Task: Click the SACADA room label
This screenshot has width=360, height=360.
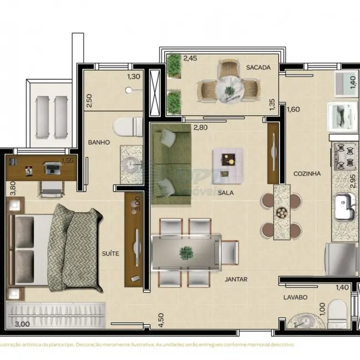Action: (258, 68)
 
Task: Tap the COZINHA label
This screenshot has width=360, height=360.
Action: (307, 173)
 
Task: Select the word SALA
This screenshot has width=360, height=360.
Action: (225, 193)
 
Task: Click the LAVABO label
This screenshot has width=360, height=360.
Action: (295, 297)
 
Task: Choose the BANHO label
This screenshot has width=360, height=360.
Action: (99, 142)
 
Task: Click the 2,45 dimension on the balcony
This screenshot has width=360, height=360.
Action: (190, 58)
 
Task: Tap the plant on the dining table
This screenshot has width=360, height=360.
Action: (186, 253)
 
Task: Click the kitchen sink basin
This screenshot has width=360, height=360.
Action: (343, 205)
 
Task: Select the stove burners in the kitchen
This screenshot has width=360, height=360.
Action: (344, 155)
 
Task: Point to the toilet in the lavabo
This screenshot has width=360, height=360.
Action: (337, 313)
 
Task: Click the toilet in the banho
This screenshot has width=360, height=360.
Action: (128, 127)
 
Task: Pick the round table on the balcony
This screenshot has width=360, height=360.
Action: (228, 87)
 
